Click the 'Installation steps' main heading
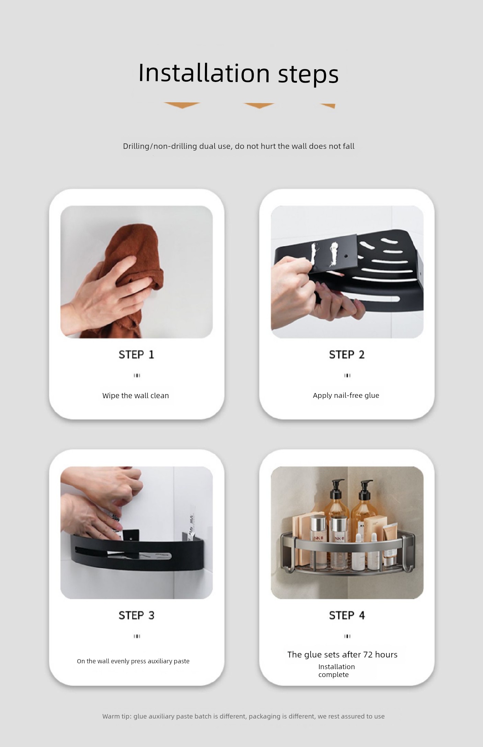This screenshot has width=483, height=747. pos(238,73)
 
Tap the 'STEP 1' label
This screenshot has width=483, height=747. pos(137,355)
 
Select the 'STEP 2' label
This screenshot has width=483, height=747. pos(347,355)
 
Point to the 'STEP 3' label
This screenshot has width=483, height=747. pos(137,615)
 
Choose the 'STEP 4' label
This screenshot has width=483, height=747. pos(347,615)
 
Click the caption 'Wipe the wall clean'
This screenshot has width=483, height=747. pos(136,395)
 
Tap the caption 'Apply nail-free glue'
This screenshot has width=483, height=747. pos(346,395)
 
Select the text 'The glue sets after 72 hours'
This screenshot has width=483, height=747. pos(342,654)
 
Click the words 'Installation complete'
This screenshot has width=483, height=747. pos(336,671)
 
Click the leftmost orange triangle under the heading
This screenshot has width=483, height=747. pos(182,105)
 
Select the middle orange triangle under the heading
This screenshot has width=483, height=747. pos(259,106)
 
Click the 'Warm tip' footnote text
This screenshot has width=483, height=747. pos(243,716)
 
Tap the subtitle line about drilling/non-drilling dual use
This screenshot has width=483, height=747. pos(239,146)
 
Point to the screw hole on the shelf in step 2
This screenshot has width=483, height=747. pos(346,256)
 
